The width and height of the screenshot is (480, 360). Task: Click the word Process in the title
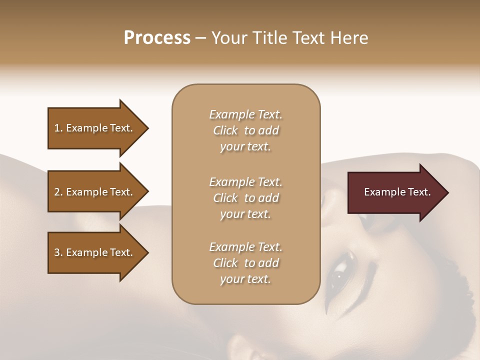[157, 38]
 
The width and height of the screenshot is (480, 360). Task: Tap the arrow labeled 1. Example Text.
[95, 128]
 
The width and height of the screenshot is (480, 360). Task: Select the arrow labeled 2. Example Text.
[95, 192]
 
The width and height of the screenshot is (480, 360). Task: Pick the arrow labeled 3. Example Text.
[95, 252]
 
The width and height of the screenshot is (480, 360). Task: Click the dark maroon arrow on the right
[395, 192]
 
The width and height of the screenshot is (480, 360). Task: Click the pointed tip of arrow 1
[147, 128]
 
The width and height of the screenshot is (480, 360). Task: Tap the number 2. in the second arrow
[58, 192]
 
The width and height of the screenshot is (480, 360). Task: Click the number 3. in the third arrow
[58, 252]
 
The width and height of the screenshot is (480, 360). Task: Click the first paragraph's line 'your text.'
[245, 147]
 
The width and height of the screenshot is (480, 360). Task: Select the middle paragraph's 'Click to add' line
[245, 198]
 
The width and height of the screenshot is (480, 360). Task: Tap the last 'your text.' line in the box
[245, 279]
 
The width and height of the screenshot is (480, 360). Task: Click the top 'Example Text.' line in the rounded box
[245, 114]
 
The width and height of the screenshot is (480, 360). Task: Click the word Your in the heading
[229, 38]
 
